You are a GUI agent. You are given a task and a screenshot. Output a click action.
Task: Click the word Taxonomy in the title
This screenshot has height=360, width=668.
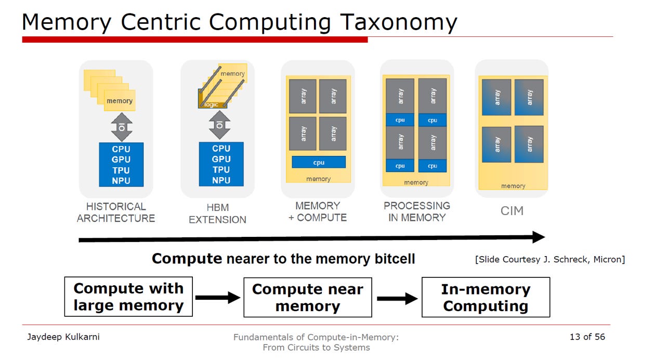(398, 23)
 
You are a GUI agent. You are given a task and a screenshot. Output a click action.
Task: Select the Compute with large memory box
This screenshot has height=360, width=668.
(128, 297)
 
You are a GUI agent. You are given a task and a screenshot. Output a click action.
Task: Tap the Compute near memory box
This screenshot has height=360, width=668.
(308, 298)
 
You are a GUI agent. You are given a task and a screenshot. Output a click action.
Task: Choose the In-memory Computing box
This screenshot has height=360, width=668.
(486, 297)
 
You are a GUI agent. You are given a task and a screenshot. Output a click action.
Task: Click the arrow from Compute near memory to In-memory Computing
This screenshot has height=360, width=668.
(397, 298)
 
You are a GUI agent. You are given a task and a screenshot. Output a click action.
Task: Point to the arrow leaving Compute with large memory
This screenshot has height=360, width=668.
(218, 298)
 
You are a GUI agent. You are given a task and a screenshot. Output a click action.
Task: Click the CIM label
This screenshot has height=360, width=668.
(512, 211)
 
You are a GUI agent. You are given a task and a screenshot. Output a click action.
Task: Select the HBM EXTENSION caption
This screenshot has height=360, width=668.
(217, 214)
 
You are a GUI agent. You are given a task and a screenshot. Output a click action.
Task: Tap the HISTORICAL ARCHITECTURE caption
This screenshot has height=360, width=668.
(116, 212)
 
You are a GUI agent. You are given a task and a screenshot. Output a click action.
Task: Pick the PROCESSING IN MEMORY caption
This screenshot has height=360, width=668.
(416, 211)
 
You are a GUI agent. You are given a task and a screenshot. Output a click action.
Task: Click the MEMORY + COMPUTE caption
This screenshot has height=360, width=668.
(318, 211)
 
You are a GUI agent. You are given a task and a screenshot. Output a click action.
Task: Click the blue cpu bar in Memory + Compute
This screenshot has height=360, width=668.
(319, 162)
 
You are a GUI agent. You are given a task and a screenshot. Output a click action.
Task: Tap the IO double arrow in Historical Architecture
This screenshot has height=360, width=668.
(122, 127)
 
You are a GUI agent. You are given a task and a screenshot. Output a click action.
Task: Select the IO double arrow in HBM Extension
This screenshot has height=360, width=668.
(219, 125)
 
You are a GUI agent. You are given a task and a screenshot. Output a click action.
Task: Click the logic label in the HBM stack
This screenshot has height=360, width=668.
(212, 104)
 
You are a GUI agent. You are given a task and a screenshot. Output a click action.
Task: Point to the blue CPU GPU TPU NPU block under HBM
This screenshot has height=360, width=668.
(221, 164)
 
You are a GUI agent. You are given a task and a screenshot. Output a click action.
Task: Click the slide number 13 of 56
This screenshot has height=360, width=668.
(587, 337)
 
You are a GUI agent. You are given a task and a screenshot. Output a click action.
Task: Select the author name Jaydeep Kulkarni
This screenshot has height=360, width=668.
(63, 337)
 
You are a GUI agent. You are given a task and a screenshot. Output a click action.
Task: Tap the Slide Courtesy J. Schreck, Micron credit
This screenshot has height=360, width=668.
(550, 259)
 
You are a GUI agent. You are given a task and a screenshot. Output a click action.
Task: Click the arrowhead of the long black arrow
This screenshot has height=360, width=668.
(539, 237)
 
